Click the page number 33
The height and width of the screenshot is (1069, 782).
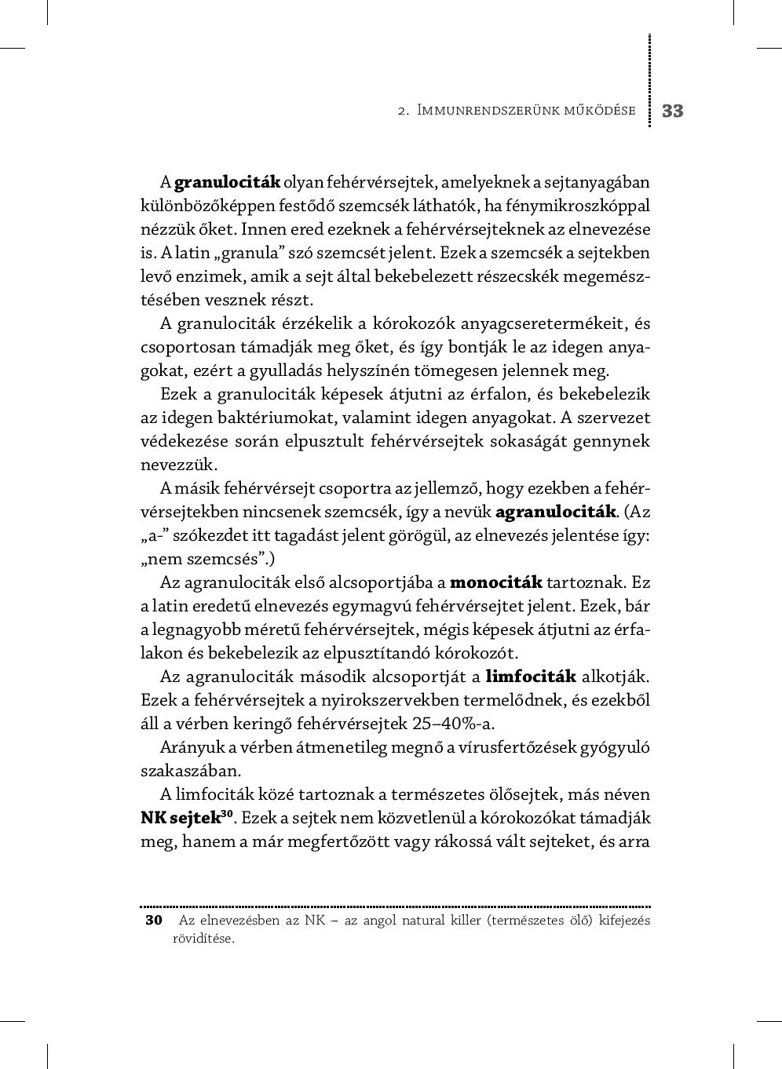pyautogui.click(x=673, y=111)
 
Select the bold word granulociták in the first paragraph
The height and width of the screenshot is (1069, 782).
pyautogui.click(x=227, y=182)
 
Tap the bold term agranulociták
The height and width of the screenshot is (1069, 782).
pyautogui.click(x=556, y=512)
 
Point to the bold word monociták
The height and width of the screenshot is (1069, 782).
pyautogui.click(x=496, y=582)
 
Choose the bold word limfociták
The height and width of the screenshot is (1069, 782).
pyautogui.click(x=532, y=677)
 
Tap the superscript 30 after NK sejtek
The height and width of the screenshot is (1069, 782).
pyautogui.click(x=227, y=813)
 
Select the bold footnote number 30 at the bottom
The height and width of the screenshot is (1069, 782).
pyautogui.click(x=154, y=920)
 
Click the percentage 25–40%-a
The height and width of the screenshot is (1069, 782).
pyautogui.click(x=452, y=724)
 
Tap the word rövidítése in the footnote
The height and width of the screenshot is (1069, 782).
pyautogui.click(x=203, y=938)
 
